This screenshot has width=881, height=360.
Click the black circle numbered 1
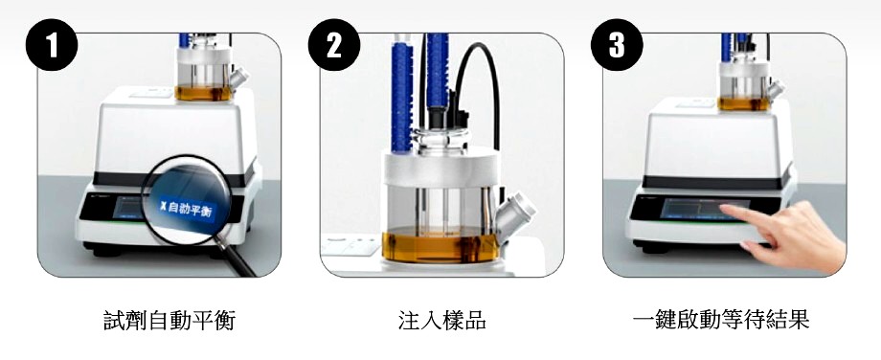point(52,45)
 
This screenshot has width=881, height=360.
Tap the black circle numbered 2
point(334,45)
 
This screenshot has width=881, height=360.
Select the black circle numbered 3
point(617,45)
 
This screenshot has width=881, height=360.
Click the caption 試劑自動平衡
point(169,320)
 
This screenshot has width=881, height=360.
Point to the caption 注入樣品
point(441,320)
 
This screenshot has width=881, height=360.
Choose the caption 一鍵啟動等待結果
point(721,320)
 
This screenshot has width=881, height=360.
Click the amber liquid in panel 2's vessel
point(440,245)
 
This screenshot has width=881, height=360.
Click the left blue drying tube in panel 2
point(402,93)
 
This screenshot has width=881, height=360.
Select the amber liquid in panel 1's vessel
point(204,93)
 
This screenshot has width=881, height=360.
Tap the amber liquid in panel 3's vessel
point(743,104)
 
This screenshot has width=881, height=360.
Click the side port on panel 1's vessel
point(238,78)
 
